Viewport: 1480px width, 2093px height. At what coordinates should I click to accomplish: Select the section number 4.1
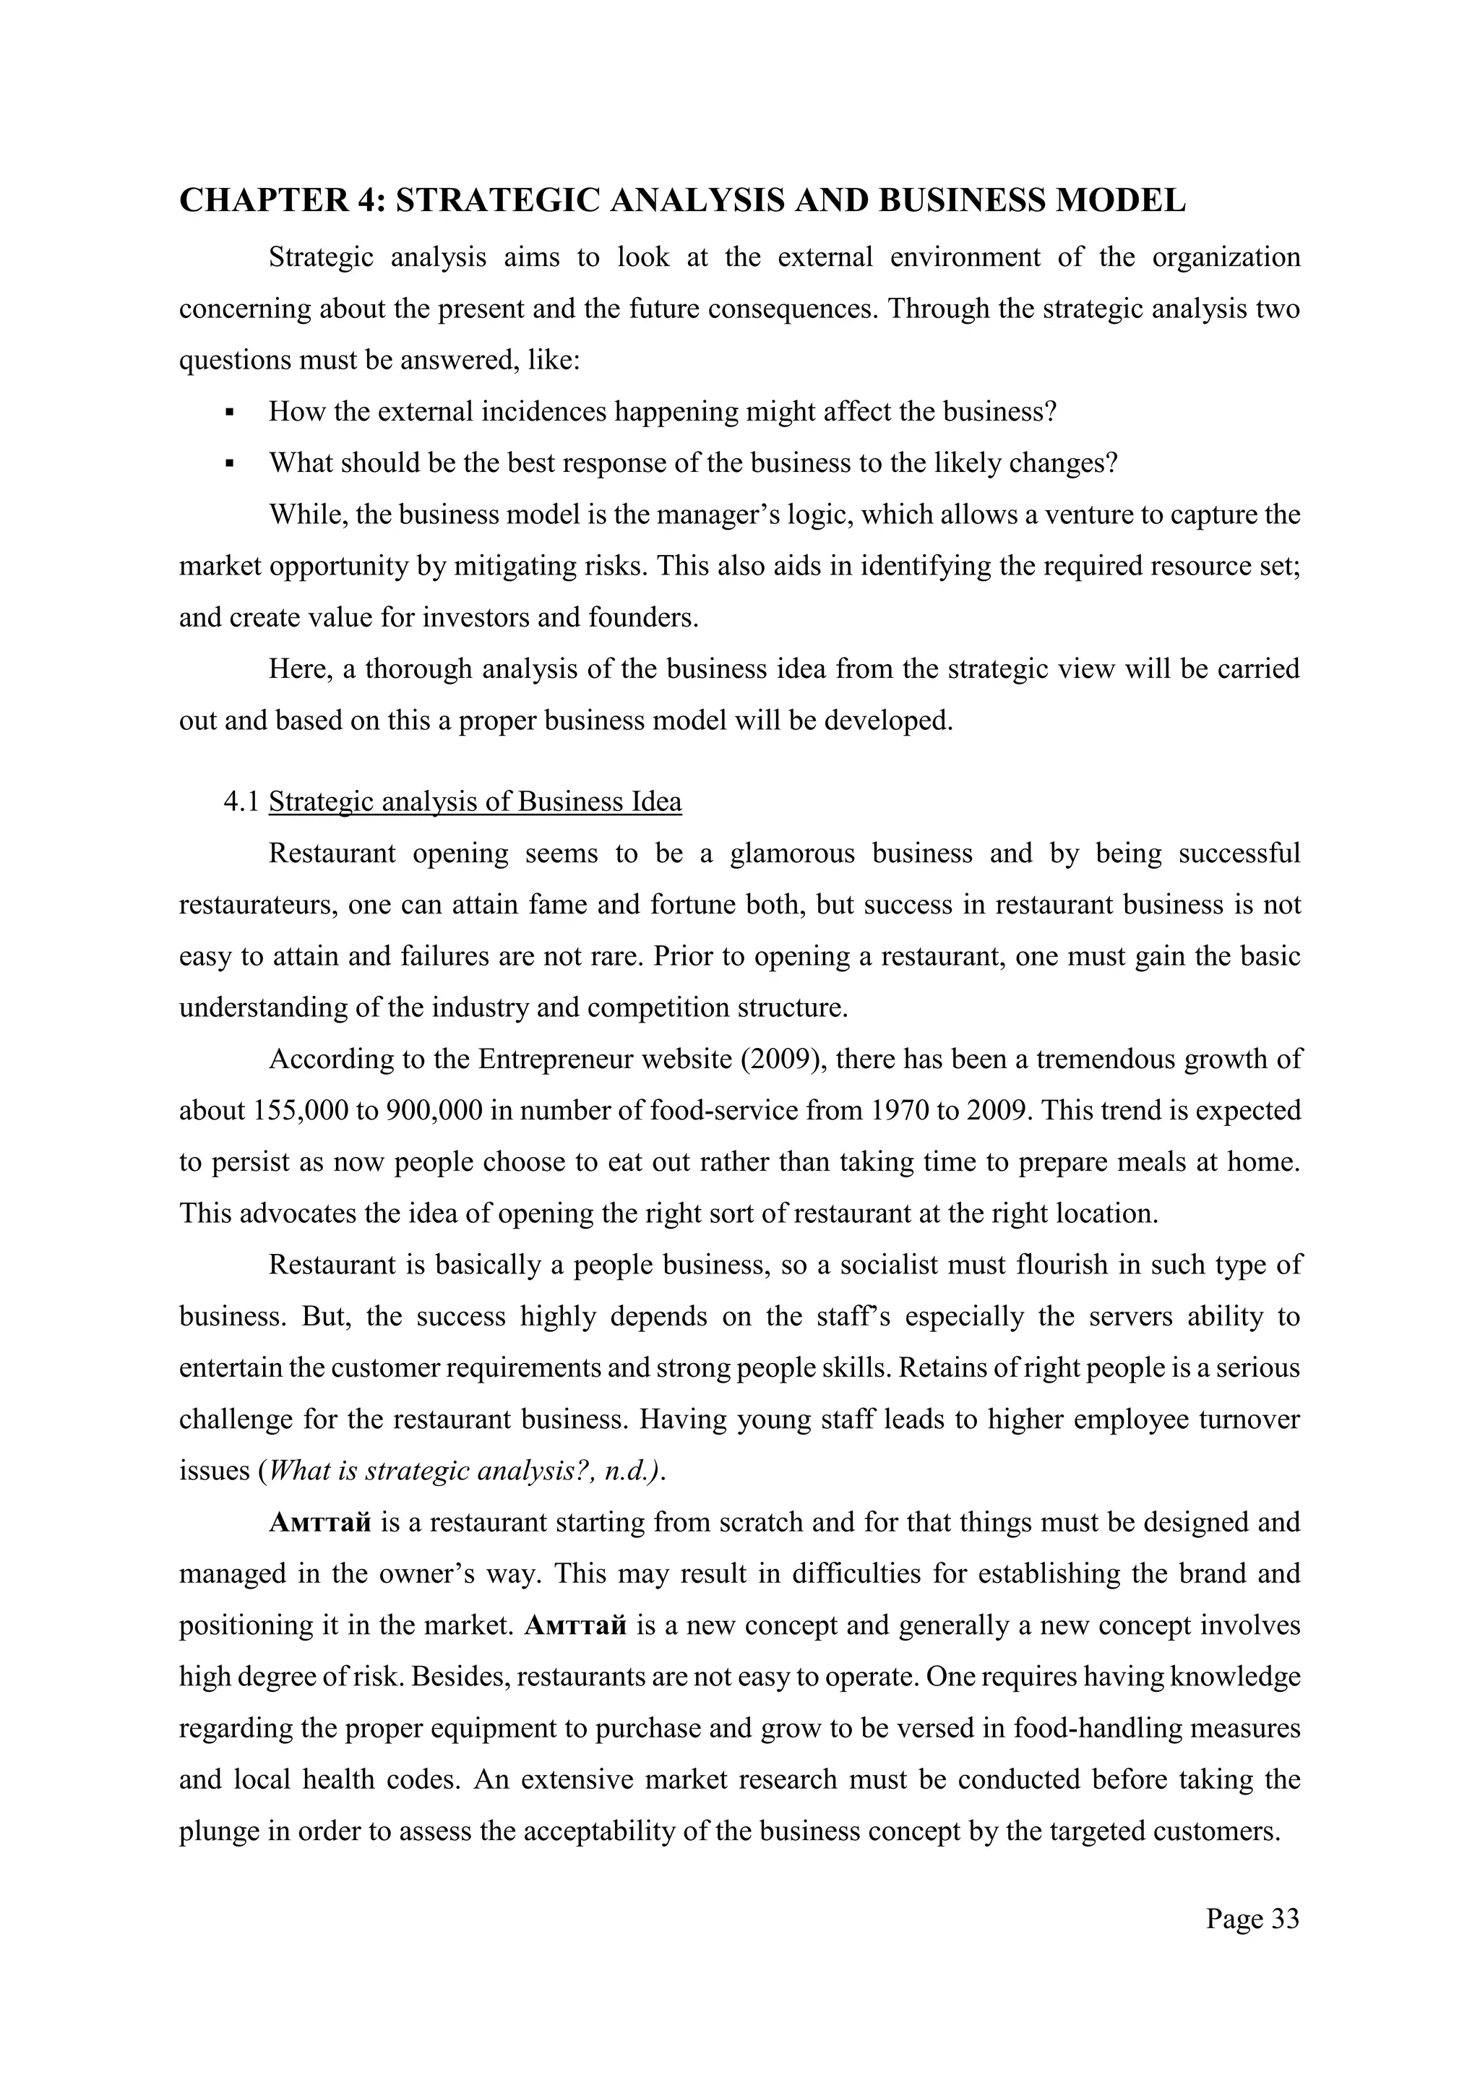[x=241, y=802]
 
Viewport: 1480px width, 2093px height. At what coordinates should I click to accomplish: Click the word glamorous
[x=793, y=854]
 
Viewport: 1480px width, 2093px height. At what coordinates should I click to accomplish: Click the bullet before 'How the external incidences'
[x=230, y=413]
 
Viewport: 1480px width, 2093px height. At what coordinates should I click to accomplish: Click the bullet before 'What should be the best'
[x=230, y=464]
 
